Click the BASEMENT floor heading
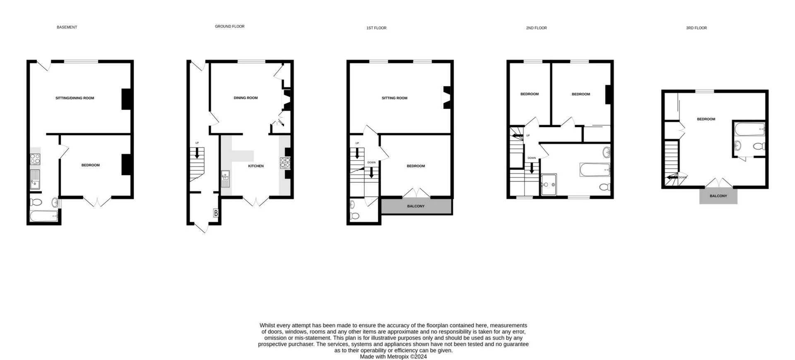(67, 27)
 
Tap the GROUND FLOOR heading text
(229, 27)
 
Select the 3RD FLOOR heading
(696, 28)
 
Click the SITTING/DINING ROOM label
(75, 98)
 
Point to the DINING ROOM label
(246, 98)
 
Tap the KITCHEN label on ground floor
(255, 166)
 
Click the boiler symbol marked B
(215, 213)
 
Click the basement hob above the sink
(35, 158)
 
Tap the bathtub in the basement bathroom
(44, 216)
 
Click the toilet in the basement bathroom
(36, 203)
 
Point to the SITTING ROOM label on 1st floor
(394, 98)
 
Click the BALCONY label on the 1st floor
(416, 206)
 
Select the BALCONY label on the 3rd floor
(718, 196)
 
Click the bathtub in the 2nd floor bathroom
(595, 170)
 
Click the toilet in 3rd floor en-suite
(759, 146)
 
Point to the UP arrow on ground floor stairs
(197, 152)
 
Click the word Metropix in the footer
(398, 356)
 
